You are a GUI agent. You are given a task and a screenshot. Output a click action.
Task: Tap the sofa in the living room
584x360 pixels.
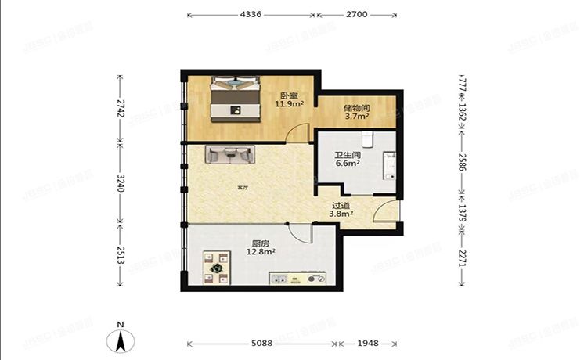coord(229,155)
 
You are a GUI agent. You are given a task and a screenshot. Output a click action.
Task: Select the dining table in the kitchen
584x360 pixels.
coord(215,266)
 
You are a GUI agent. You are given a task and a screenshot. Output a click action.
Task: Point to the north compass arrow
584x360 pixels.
coord(121,340)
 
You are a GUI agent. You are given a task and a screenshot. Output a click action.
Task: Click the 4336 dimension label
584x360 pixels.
coord(251,14)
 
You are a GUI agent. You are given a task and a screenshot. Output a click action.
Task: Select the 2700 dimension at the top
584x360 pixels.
coord(356,14)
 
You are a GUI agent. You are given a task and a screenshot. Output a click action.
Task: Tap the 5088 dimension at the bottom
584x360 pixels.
coord(261,344)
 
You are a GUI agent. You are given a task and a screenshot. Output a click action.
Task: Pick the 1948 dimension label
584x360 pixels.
coord(368,344)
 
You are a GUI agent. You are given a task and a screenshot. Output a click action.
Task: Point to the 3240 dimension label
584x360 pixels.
coord(121,183)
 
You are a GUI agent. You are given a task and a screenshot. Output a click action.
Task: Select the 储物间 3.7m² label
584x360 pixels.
coord(357,113)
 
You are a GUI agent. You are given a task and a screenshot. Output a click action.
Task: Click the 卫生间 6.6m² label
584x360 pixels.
coord(348,159)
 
